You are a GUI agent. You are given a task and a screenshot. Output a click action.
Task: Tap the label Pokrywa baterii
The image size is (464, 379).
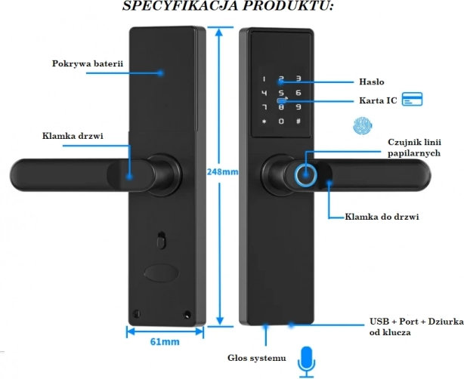pos(88,63)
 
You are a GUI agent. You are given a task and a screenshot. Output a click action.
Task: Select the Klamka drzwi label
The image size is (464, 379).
pos(73,136)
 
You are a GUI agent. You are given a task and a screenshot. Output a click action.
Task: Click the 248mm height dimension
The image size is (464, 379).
pos(221,171)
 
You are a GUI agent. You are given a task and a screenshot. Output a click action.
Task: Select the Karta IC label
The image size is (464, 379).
pos(376,100)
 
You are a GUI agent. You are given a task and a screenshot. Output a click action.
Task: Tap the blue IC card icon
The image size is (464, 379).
pos(411,100)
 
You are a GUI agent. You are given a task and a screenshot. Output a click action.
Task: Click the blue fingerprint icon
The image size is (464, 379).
pos(361,126)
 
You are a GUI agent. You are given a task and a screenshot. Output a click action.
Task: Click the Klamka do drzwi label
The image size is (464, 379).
pos(382,217)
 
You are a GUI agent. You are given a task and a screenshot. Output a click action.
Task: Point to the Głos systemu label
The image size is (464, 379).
pos(257,357)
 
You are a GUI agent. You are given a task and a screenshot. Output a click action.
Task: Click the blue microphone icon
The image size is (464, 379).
pos(306,362)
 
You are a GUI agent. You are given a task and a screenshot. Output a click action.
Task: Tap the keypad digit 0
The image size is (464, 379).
pos(281,122)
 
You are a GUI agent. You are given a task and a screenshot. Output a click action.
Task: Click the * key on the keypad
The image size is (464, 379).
pos(264,122)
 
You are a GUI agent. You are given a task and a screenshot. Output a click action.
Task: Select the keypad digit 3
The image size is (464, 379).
pos(299,79)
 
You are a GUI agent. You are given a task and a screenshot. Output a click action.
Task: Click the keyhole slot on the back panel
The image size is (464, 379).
pos(159,242)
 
